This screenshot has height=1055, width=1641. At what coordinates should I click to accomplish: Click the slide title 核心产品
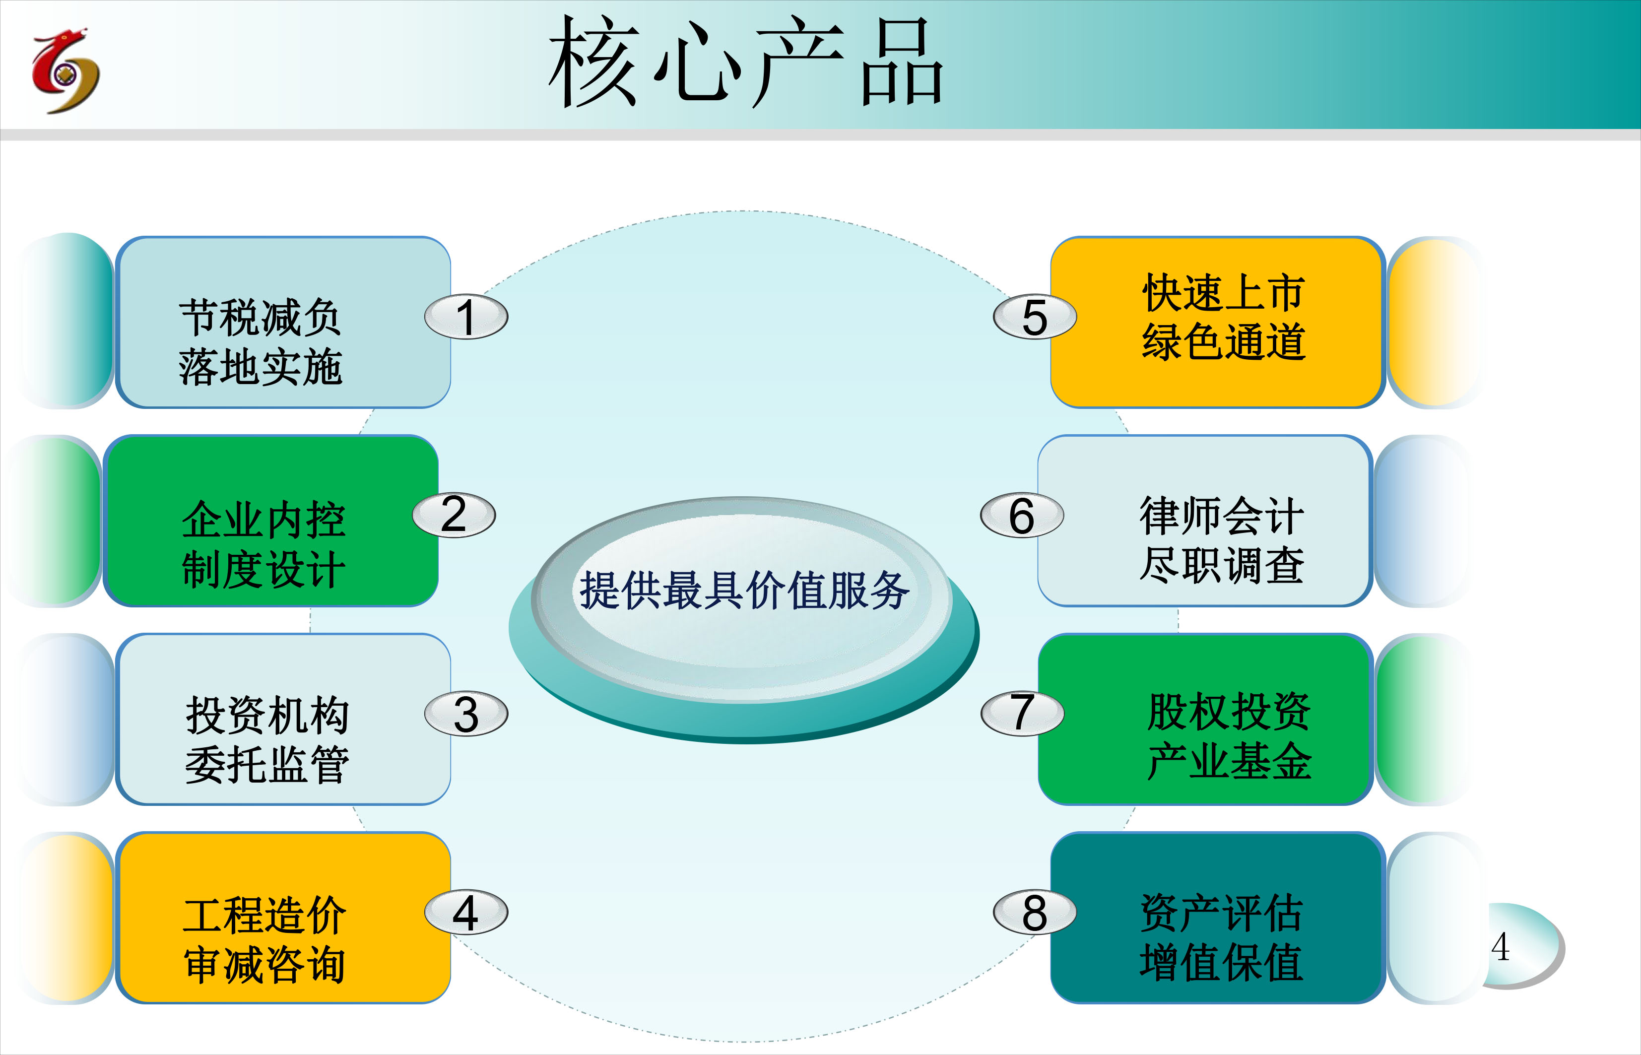coord(746,62)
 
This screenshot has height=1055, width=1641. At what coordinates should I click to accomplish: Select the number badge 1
coord(466,317)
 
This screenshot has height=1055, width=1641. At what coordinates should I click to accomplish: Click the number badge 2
coord(454,515)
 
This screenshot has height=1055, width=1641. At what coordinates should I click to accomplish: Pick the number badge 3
coord(466,714)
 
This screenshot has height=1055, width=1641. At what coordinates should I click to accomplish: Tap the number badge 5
coord(1035,317)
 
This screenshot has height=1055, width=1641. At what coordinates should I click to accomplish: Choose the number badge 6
coord(1022,515)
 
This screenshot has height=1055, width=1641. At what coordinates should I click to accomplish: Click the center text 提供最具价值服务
coord(744,591)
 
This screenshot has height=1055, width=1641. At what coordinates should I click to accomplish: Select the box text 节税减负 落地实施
coord(260,342)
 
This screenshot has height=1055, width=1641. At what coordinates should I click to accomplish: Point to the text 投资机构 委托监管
coord(267,739)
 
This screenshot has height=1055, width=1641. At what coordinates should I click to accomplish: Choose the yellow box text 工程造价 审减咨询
coord(264,940)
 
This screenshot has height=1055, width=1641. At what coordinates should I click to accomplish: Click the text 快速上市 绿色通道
coord(1224,317)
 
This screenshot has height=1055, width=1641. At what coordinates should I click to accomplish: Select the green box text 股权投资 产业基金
coord(1229,736)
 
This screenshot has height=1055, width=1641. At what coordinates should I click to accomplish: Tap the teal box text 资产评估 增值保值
coord(1221,937)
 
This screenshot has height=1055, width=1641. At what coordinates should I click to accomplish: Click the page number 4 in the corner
coord(1501,947)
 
